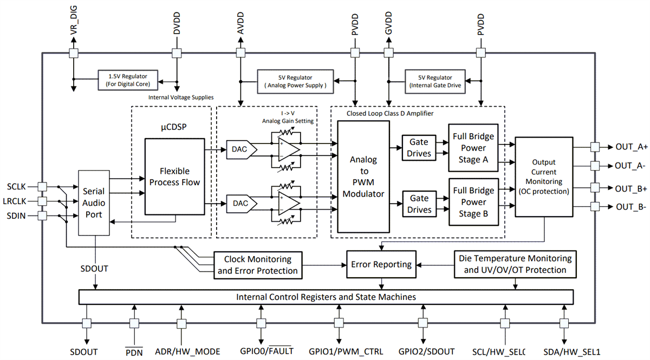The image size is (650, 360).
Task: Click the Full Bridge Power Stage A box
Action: (474, 148)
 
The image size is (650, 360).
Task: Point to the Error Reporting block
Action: (381, 264)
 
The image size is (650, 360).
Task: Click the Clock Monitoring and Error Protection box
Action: (257, 265)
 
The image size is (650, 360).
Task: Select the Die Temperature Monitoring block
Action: (512, 264)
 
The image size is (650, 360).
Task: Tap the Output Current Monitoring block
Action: (543, 176)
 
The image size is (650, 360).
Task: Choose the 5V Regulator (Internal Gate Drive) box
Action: (435, 81)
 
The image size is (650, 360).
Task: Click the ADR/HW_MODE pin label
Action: (187, 351)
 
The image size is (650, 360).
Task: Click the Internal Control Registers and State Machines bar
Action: (326, 297)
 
